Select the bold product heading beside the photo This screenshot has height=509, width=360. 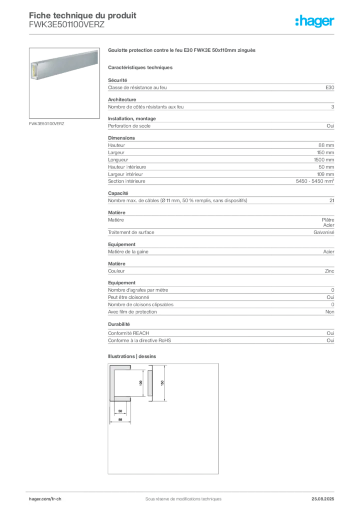tap(182, 51)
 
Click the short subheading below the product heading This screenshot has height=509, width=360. tap(141, 67)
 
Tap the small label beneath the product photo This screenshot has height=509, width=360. tap(48, 124)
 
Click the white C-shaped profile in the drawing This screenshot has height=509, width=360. tap(120, 383)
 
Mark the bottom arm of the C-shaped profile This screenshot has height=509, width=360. tap(122, 397)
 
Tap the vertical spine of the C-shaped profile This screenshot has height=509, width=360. tap(113, 383)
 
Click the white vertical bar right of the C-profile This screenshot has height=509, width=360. tap(150, 382)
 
